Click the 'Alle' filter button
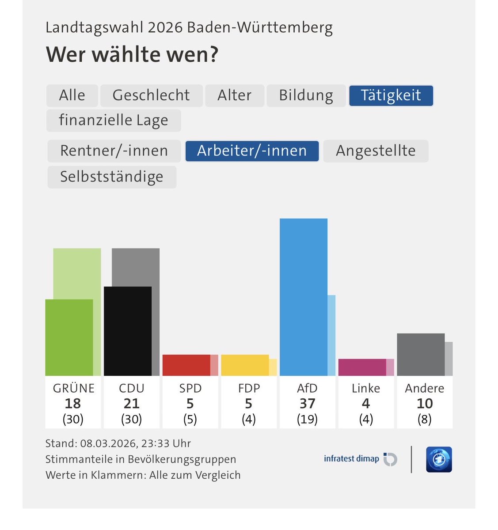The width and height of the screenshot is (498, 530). coord(72,95)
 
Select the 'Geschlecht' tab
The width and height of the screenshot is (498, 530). coord(151,95)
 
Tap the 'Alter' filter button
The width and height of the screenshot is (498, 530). coord(234,95)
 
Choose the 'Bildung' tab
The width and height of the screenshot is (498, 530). coord(306,95)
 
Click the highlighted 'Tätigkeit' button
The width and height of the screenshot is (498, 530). coord(391,95)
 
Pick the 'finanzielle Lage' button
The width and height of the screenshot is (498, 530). coord(114,120)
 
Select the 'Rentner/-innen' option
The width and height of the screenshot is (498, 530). coord(114,151)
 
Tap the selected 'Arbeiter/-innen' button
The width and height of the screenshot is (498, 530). coord(252,151)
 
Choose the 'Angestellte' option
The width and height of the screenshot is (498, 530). coord(376,151)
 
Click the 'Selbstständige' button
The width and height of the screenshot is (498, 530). coord(112,177)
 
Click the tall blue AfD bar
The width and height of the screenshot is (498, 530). coord(304,297)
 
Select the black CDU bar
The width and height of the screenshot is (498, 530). coord(128,331)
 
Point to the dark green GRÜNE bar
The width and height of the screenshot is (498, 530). coord(69,337)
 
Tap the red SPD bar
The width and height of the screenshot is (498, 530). coord(186,365)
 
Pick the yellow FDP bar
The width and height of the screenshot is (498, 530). coord(245,365)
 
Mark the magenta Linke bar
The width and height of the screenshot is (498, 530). coord(362,367)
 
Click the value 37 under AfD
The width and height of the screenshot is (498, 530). coord(307,403)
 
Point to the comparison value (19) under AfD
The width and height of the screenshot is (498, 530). coord(307,419)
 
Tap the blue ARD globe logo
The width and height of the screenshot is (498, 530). coord(439,459)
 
